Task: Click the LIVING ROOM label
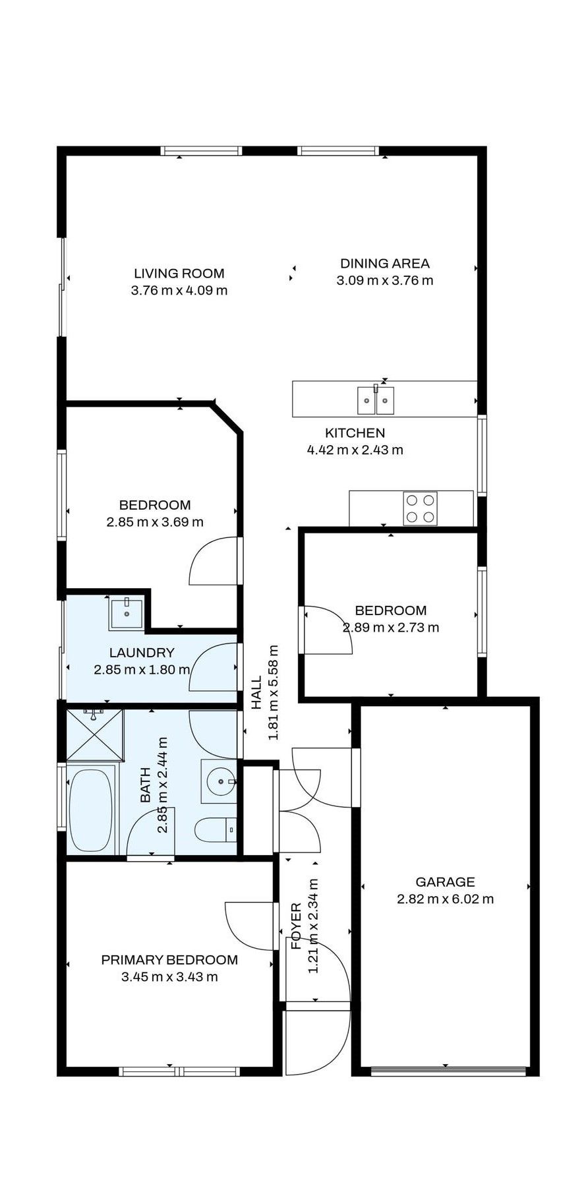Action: (x=179, y=273)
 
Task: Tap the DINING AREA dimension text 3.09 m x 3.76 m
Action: (x=384, y=280)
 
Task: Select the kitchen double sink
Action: (x=376, y=400)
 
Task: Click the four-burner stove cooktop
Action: (x=420, y=508)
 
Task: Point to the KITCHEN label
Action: (x=355, y=433)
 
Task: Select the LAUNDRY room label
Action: (x=142, y=653)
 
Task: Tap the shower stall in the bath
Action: (x=95, y=733)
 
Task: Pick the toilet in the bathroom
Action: (x=216, y=829)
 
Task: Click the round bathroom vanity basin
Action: (x=219, y=782)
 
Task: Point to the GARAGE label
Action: (x=445, y=881)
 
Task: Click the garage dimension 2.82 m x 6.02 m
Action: (x=445, y=899)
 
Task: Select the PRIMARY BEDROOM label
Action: (x=169, y=960)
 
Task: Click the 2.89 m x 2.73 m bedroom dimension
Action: (x=390, y=628)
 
